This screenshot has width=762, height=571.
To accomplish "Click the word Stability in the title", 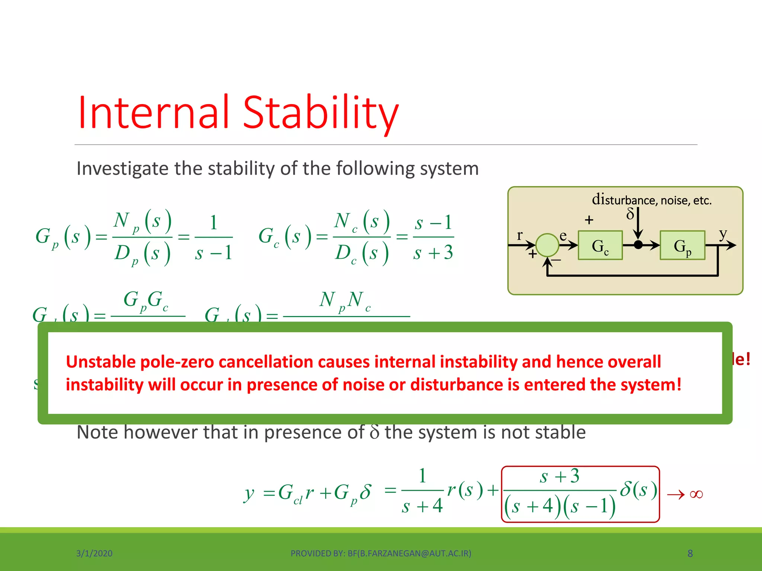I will coord(321,112).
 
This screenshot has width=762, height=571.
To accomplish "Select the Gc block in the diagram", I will coord(600,245).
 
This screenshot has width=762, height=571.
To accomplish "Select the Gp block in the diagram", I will coord(682,245).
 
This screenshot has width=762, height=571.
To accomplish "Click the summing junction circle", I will coord(547,245).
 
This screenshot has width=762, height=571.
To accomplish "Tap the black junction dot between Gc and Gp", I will coord(638,245).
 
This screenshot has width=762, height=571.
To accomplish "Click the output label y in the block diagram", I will coord(723,233).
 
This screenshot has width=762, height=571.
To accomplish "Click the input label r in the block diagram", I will coord(520,235).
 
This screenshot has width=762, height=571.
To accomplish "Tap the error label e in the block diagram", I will coord(563,236).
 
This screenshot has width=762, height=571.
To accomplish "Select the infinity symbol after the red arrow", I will coord(696,494).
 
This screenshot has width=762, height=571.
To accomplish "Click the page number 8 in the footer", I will coord(690,554).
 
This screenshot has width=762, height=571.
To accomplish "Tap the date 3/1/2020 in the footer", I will coord(94,554).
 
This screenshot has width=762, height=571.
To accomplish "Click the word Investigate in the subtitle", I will coord(122,168).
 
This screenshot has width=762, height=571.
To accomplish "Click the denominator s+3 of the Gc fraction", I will coord(433,253).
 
